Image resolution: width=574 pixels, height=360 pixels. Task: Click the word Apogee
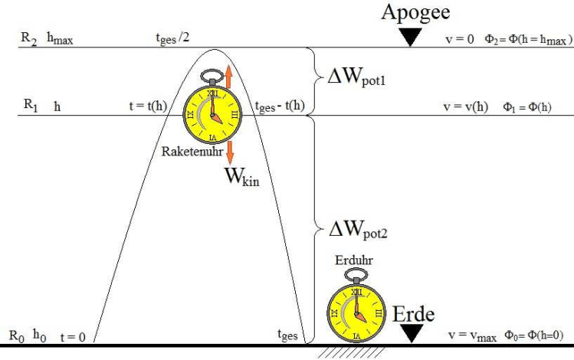[x=416, y=13]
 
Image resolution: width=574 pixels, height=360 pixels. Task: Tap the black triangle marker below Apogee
[x=411, y=37]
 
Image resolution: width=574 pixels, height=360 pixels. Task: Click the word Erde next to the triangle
[x=414, y=315]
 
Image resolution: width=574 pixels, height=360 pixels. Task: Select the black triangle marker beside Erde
[x=412, y=332]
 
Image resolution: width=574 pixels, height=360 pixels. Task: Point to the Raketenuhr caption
[x=191, y=152]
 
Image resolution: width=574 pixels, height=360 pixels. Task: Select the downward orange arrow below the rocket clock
[x=229, y=151]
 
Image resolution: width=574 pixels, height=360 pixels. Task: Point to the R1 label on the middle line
[x=29, y=106]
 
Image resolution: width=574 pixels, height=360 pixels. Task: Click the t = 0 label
[x=72, y=335]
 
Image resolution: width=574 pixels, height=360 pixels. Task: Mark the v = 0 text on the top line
[x=459, y=38]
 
